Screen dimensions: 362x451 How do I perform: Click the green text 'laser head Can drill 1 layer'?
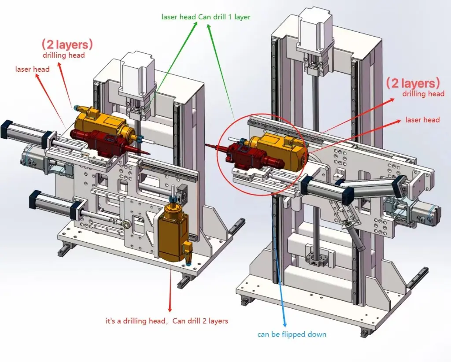tap(206, 17)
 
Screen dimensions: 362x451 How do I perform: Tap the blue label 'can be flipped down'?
tap(292, 334)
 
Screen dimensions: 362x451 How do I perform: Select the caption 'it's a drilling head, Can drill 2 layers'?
tap(167, 321)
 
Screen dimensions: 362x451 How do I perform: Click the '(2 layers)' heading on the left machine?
tap(67, 44)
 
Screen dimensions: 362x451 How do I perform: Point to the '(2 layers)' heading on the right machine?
tap(413, 83)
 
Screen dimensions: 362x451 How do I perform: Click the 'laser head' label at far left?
tap(32, 69)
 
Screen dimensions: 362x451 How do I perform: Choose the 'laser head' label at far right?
tap(422, 120)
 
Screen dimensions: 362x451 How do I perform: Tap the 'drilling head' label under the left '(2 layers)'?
tap(64, 55)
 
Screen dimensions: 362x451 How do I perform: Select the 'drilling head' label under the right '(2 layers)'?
tap(423, 93)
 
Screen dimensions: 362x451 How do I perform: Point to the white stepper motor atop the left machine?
tap(137, 78)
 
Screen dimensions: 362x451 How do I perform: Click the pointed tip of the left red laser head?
tap(148, 153)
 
